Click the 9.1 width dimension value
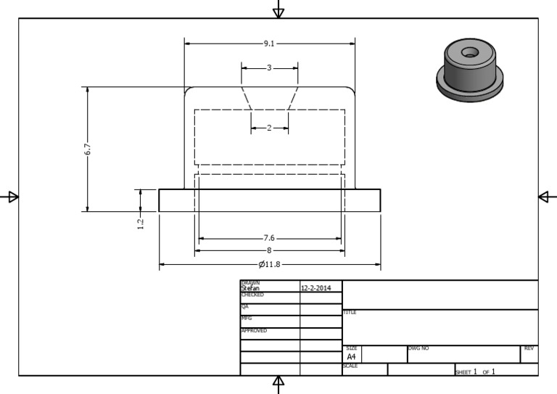pos(269,44)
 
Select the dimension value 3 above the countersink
pos(269,68)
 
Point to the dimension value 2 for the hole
pos(269,128)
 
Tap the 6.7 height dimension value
pos(88,149)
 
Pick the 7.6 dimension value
pos(269,238)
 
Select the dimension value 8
pos(269,250)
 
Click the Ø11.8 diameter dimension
pos(269,263)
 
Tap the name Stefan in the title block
pos(249,288)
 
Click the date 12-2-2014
pos(315,288)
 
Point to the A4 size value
pos(351,357)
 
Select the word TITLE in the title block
pos(350,313)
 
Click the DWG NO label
pos(419,348)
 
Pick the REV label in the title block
pos(529,348)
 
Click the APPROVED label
pos(253,330)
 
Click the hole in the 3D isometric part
pos(470,52)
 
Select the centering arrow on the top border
pos(278,11)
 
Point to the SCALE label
pos(350,366)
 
